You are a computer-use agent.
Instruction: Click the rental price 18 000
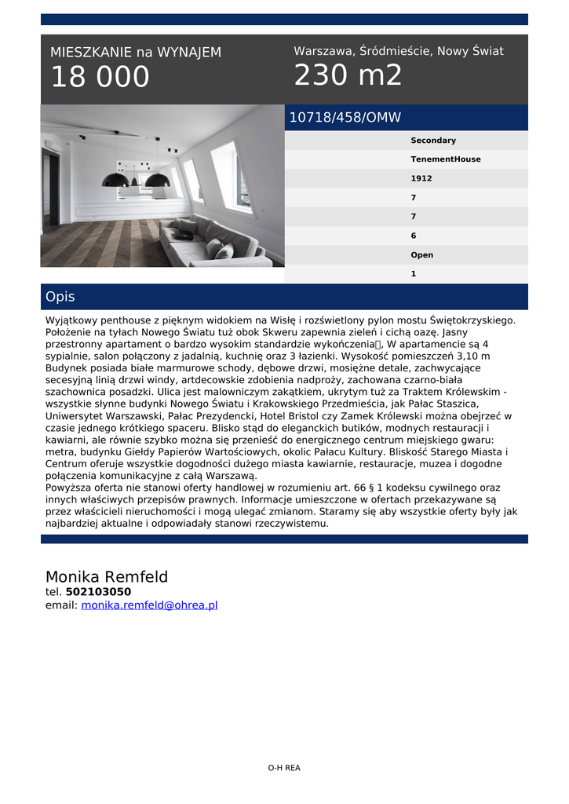click(x=100, y=78)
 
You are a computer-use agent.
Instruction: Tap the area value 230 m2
click(x=348, y=75)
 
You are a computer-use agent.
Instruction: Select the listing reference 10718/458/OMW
click(x=345, y=118)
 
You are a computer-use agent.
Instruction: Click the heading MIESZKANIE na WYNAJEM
click(x=136, y=53)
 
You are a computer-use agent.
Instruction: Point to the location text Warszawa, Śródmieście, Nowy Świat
click(x=398, y=51)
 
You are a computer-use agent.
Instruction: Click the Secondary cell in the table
click(x=433, y=141)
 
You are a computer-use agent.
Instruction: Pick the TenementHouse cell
click(x=446, y=159)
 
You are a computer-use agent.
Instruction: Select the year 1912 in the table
click(x=421, y=178)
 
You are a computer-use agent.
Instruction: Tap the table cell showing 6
click(x=414, y=236)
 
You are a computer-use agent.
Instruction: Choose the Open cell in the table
click(x=422, y=255)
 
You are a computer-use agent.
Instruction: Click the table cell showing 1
click(x=414, y=274)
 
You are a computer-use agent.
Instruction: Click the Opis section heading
click(x=60, y=297)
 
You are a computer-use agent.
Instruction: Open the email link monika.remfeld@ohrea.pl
click(x=149, y=605)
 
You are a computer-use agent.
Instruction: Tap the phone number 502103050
click(x=98, y=592)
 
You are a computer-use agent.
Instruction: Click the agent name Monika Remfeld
click(x=107, y=577)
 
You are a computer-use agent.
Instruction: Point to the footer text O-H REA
click(x=284, y=768)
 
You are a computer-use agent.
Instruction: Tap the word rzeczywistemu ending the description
click(x=283, y=524)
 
